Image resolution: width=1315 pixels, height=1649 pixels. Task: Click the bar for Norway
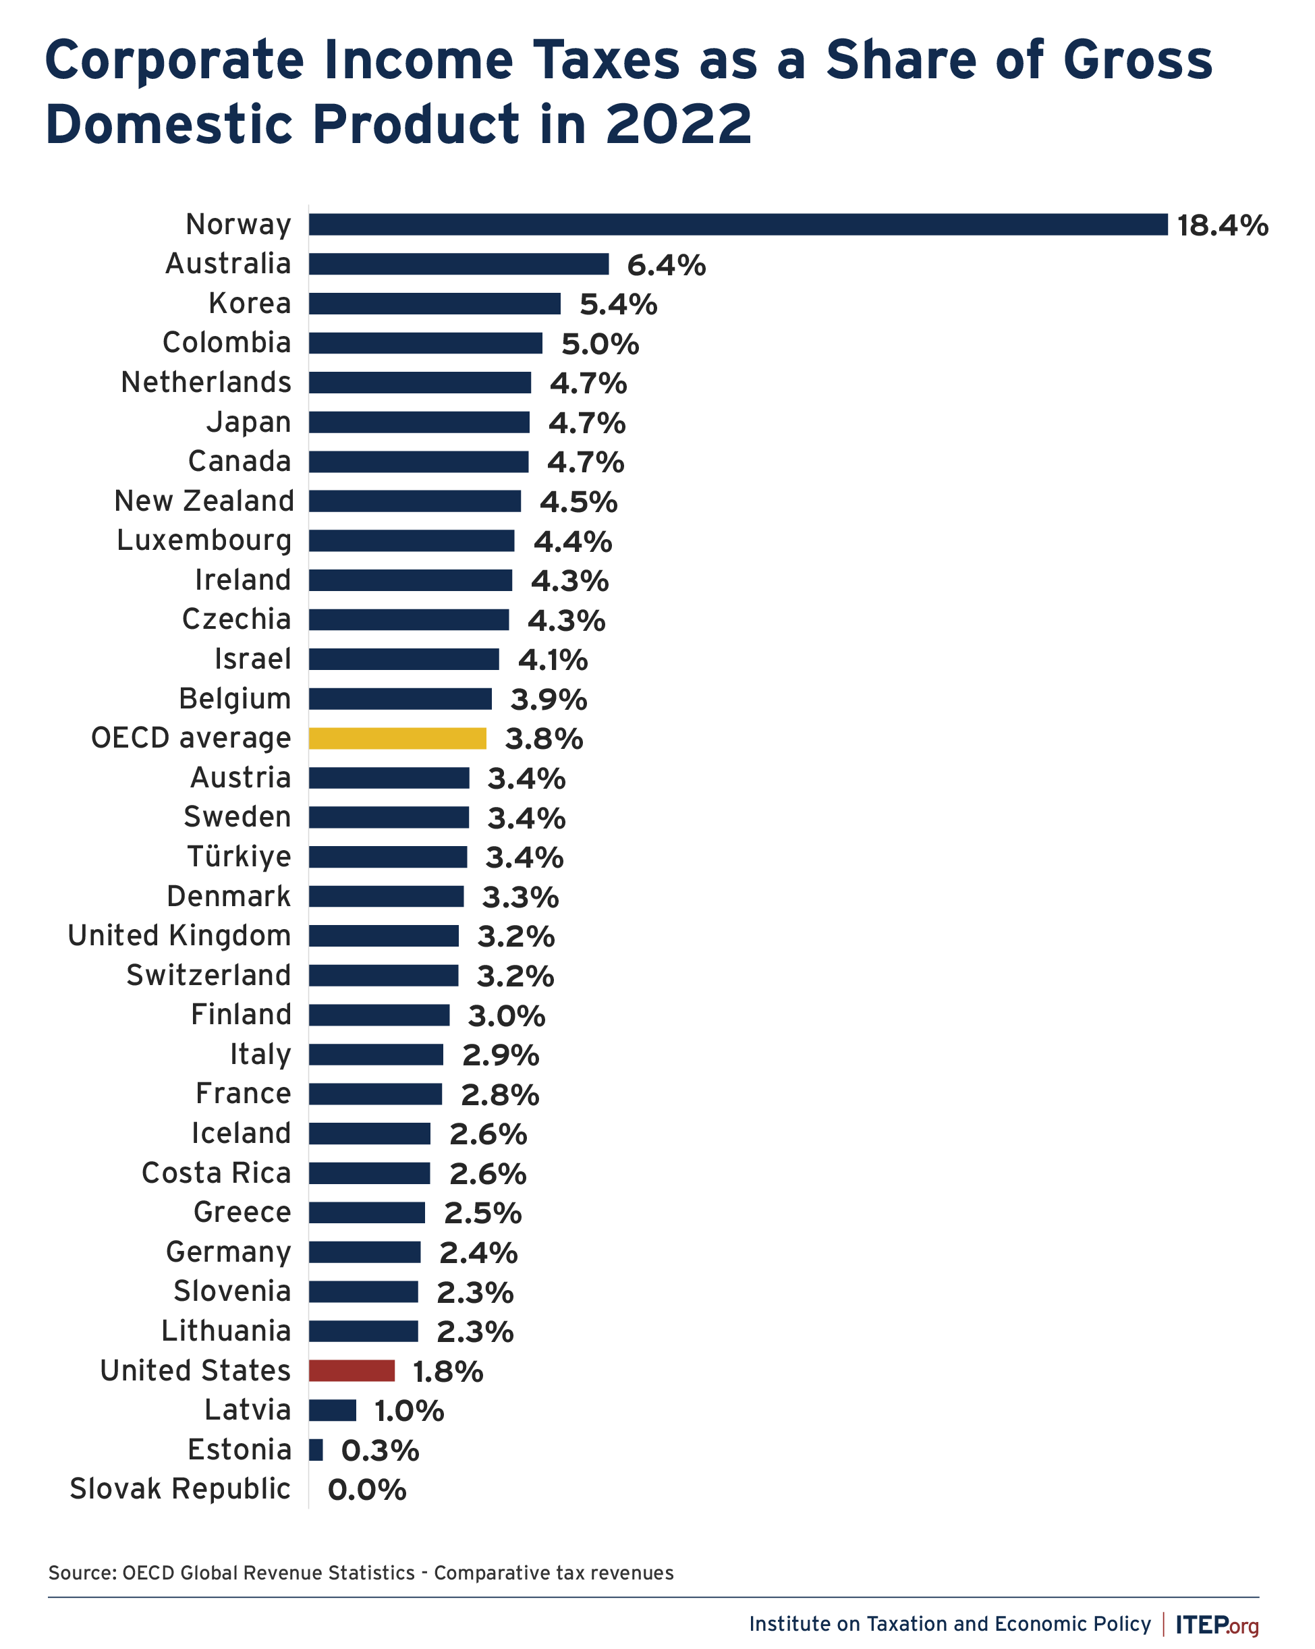click(738, 224)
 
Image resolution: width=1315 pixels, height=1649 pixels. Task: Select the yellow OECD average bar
click(397, 738)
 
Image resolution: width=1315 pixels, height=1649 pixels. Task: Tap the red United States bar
click(352, 1370)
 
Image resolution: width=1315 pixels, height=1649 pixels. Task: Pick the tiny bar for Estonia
click(316, 1449)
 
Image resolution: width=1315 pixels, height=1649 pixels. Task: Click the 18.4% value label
click(1222, 225)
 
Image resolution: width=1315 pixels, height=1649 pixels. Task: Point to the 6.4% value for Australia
click(665, 265)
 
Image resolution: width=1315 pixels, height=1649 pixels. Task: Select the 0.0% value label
click(366, 1490)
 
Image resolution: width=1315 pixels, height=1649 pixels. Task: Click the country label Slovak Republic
click(181, 1488)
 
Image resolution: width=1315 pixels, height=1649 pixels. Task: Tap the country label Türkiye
click(239, 857)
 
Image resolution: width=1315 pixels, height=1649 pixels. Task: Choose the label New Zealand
click(204, 501)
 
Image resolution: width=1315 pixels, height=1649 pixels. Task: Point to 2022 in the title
click(679, 124)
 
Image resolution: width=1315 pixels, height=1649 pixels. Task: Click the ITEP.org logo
click(1217, 1624)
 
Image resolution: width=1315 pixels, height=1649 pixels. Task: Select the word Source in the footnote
click(81, 1573)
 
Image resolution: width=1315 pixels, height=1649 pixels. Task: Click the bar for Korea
click(435, 304)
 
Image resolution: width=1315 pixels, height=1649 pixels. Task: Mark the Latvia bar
click(333, 1409)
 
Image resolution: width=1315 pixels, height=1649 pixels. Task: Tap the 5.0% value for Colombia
click(600, 344)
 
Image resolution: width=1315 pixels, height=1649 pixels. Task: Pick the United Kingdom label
click(179, 935)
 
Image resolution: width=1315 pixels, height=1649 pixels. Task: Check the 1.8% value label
click(447, 1372)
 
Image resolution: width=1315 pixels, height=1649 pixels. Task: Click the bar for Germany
click(365, 1252)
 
